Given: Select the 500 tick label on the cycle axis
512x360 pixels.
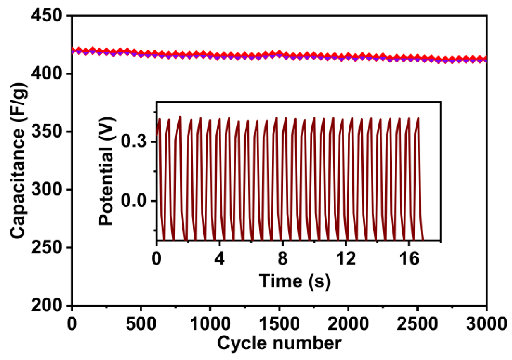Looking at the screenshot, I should (x=141, y=322).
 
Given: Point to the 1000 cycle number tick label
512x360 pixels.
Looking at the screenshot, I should (x=210, y=322).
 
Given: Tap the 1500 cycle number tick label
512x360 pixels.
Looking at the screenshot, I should (x=279, y=322).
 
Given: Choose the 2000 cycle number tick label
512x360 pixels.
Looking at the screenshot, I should (x=348, y=322).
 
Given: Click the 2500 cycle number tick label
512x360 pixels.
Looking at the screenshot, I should (x=417, y=322).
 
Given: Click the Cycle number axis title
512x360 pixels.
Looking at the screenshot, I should (x=280, y=343).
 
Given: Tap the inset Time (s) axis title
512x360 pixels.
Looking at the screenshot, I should (x=294, y=281).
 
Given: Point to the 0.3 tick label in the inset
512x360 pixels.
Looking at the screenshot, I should (x=133, y=142).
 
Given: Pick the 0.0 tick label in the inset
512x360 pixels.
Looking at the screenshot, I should (x=133, y=201).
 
